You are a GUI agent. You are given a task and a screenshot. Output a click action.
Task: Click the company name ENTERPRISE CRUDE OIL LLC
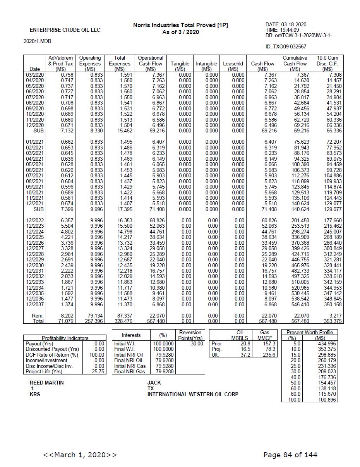[65, 30]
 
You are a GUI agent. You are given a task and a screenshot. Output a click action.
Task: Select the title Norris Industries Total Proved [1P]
[180, 25]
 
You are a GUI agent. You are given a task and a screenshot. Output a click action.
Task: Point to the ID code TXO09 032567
[286, 47]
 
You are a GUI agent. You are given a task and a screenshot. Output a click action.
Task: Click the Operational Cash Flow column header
[150, 64]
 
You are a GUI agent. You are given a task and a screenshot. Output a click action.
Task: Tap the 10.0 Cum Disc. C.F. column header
[327, 64]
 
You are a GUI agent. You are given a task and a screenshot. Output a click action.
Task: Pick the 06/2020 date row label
[35, 91]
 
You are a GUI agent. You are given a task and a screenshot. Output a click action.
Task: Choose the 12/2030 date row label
[35, 265]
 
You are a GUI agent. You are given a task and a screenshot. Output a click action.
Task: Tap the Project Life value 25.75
[98, 372]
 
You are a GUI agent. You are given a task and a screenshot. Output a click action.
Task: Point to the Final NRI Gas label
[130, 372]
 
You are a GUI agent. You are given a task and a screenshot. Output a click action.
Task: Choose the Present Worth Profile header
[309, 333]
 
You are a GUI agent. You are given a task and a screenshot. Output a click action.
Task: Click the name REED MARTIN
[47, 383]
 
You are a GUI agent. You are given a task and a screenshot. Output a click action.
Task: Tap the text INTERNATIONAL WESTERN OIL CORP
[193, 394]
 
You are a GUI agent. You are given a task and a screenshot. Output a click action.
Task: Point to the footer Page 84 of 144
[290, 455]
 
